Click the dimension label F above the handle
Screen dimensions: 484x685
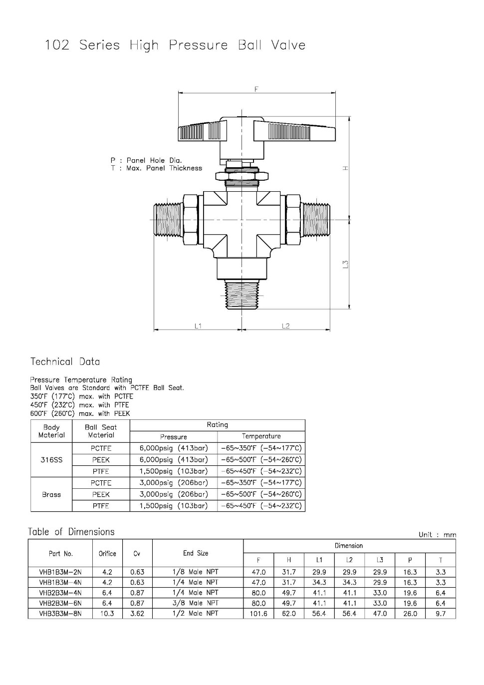[256, 89]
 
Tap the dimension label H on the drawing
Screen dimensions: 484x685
[345, 168]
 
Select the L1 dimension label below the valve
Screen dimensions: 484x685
[198, 326]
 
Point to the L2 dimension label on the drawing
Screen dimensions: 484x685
[285, 326]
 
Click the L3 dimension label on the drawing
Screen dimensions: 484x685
[345, 264]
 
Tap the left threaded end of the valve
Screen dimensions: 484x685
[169, 220]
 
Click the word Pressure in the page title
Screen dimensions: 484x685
[198, 45]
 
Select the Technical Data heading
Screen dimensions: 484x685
[65, 361]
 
